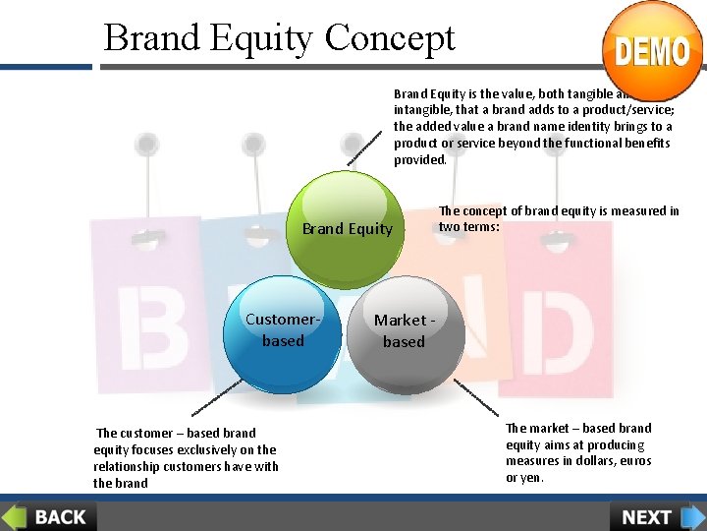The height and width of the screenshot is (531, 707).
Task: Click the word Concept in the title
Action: [x=390, y=37]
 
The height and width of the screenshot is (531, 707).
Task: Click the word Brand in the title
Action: [x=149, y=37]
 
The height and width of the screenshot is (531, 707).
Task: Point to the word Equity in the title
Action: [x=261, y=37]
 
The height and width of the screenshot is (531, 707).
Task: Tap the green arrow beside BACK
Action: [x=14, y=516]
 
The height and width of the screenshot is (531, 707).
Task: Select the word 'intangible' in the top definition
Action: [x=423, y=109]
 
